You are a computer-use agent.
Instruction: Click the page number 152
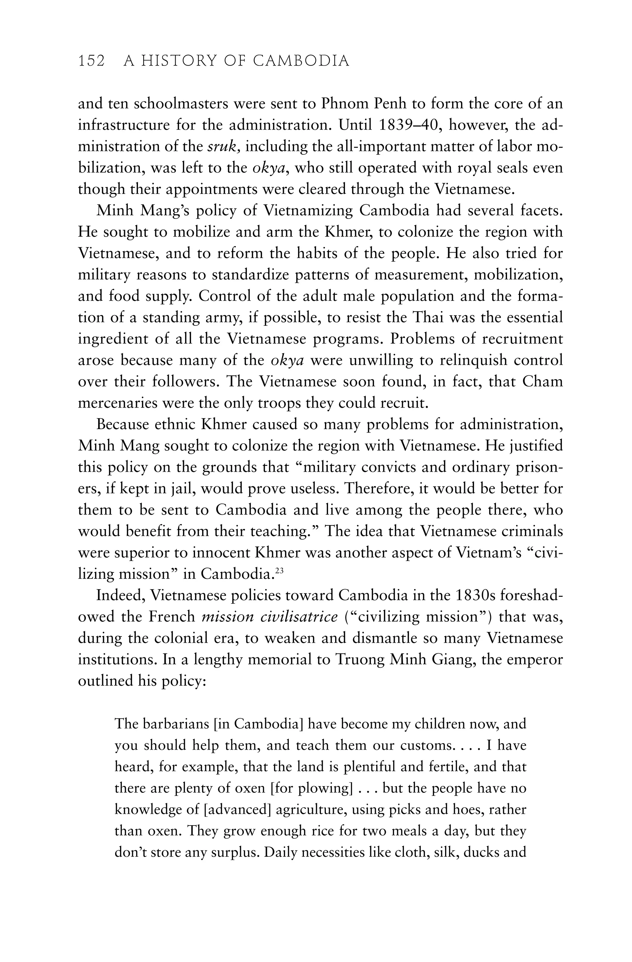(x=91, y=61)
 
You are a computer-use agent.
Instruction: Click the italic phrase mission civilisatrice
(x=269, y=617)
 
